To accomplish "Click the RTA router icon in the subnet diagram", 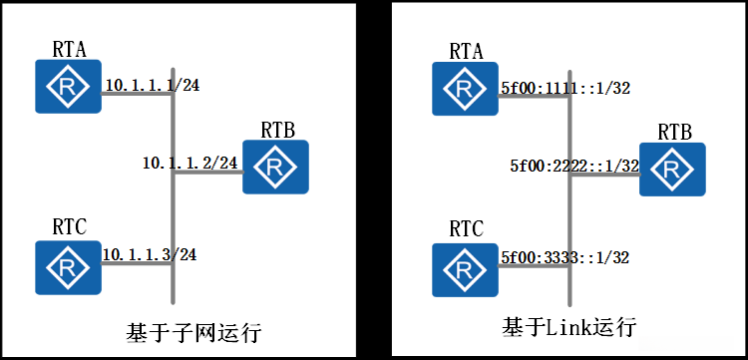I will [x=68, y=86].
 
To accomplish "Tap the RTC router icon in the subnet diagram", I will [x=68, y=267].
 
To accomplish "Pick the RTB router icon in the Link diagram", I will [x=671, y=171].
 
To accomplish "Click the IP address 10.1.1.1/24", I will [x=152, y=86].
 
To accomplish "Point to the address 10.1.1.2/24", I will [x=189, y=162].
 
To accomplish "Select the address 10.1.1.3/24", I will [x=150, y=254].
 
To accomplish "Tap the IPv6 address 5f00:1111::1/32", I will [x=563, y=88].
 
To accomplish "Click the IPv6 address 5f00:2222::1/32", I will [x=573, y=166].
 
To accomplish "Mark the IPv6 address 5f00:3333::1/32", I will [x=563, y=257].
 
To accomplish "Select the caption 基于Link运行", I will [x=569, y=327].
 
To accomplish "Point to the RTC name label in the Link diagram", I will [x=466, y=230].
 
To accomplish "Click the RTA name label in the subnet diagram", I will [x=68, y=48].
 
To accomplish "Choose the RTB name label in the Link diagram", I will [x=674, y=133].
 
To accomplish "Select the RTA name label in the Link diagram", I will [x=466, y=50].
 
